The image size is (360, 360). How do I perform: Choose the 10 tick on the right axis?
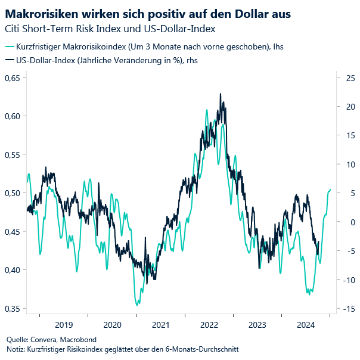pyautogui.click(x=348, y=164)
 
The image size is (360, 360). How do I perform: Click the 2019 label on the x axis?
pyautogui.click(x=64, y=325)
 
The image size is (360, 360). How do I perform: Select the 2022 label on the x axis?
pyautogui.click(x=209, y=325)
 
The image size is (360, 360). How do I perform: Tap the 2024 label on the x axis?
pyautogui.click(x=306, y=325)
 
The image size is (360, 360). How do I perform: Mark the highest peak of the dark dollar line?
pyautogui.click(x=221, y=94)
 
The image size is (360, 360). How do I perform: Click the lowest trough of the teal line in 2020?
pyautogui.click(x=138, y=305)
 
